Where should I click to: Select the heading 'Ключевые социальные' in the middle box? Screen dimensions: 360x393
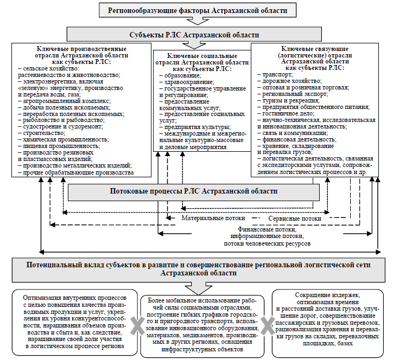[202, 56]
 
